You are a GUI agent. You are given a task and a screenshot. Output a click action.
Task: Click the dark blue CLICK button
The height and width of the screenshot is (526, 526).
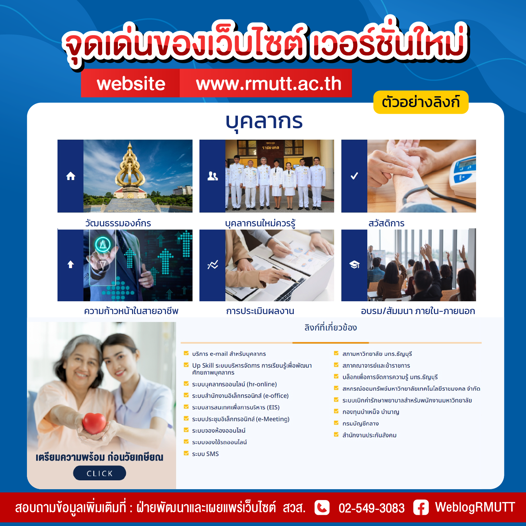click(100, 473)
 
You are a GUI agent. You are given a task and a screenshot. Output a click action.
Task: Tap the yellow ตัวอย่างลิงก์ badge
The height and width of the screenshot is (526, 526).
click(421, 102)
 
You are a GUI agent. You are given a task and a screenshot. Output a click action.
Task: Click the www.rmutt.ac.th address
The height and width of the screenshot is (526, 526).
click(269, 83)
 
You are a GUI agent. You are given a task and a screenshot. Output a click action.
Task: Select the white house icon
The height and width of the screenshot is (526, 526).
click(71, 176)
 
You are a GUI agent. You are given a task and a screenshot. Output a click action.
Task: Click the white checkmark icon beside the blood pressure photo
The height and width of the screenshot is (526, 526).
click(354, 176)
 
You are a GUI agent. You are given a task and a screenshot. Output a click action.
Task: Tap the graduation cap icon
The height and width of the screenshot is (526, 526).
click(354, 264)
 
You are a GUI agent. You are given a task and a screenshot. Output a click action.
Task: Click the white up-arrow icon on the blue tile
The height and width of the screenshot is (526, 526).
click(71, 264)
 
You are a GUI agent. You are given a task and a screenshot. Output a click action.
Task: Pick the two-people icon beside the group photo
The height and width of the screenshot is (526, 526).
click(213, 176)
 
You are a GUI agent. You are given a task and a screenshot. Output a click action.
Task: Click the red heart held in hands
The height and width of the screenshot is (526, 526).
click(95, 423)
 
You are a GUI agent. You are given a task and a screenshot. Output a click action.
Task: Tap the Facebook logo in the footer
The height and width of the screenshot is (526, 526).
click(421, 507)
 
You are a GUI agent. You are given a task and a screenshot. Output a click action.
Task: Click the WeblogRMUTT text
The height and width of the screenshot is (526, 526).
click(475, 507)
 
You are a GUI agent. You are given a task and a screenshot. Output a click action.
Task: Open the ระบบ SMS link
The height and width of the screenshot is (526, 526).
click(205, 454)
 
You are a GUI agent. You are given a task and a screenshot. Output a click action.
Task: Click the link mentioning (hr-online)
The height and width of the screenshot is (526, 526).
click(234, 384)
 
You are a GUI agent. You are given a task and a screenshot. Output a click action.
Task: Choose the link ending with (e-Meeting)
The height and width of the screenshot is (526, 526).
click(241, 419)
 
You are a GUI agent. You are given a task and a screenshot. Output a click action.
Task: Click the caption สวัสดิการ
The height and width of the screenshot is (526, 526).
click(386, 223)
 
